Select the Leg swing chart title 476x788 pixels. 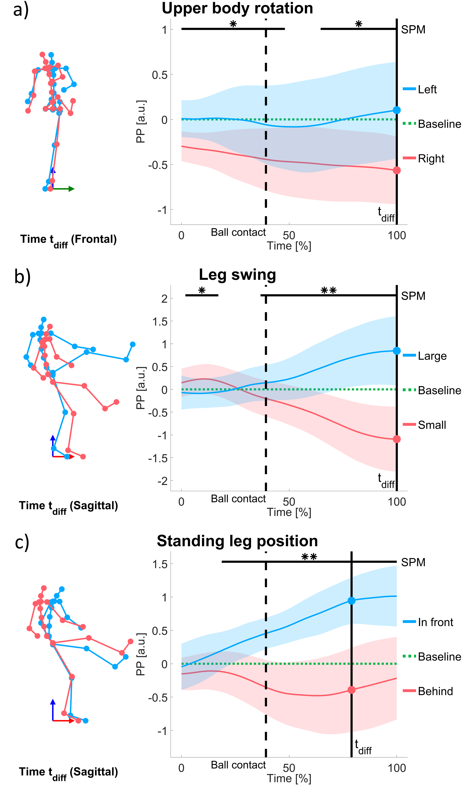point(237,275)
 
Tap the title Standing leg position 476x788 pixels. point(237,541)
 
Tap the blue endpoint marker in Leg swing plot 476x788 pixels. point(397,351)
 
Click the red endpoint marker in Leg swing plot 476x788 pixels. point(397,439)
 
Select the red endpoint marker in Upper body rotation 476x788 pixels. point(397,170)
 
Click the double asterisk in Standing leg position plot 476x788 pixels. point(309,557)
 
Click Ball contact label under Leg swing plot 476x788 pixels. point(238,499)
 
